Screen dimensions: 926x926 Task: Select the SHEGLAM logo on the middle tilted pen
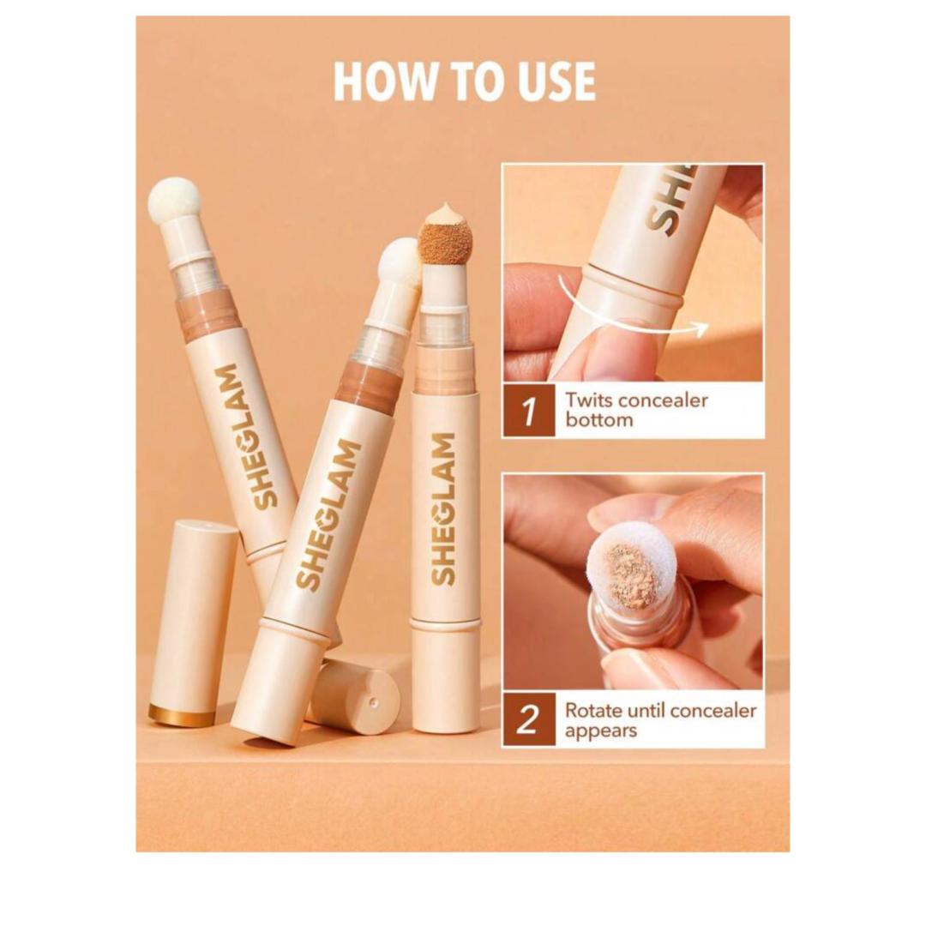[328, 514]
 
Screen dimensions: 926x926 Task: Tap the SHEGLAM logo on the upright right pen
[443, 508]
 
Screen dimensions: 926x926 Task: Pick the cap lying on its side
[352, 697]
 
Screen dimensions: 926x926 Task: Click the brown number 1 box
[528, 411]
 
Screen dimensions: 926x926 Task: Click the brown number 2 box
[528, 720]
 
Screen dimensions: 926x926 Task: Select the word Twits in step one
[587, 400]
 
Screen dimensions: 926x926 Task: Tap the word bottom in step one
[598, 420]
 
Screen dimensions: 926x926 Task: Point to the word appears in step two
[600, 731]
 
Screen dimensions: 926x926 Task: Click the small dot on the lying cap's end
[374, 702]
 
